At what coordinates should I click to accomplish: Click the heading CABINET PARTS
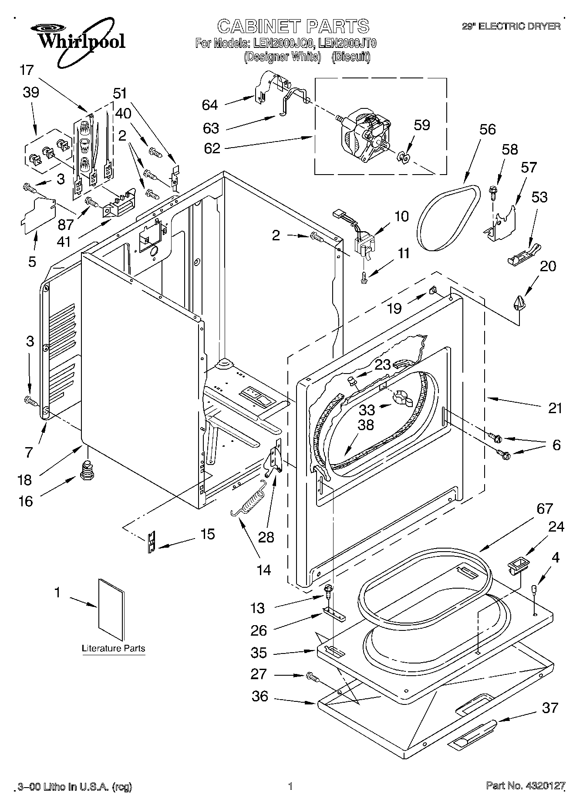point(293,26)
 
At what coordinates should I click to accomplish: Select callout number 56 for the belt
point(487,129)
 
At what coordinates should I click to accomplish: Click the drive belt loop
point(448,218)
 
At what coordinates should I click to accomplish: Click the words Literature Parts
point(114,648)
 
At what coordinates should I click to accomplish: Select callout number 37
point(549,708)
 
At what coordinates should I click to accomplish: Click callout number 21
point(555,408)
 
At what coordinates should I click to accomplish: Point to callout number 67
point(545,509)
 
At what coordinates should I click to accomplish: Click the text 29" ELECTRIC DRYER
point(511,27)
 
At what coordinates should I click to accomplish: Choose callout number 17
point(27,70)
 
